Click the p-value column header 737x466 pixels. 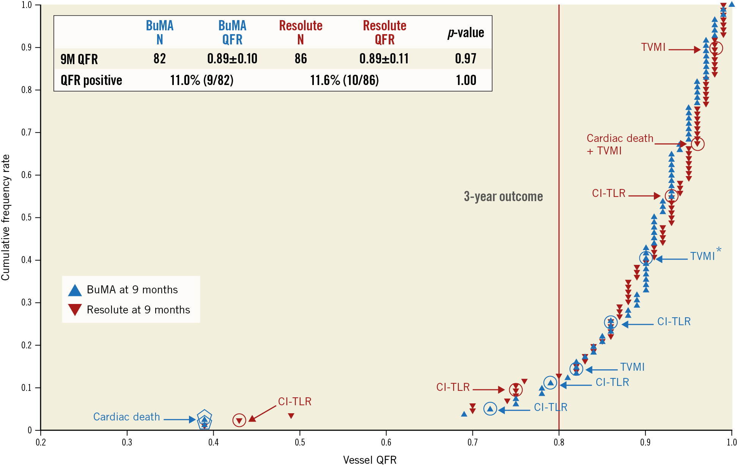(466, 33)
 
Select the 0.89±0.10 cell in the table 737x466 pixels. (232, 58)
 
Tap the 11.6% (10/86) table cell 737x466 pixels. (344, 80)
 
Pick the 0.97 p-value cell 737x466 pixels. (466, 58)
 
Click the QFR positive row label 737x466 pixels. (91, 80)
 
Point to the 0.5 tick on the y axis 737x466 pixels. (26, 217)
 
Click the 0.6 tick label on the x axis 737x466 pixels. (386, 442)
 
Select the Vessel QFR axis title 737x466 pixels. (370, 460)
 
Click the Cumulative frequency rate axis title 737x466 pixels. (6, 217)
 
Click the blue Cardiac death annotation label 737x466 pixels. (126, 417)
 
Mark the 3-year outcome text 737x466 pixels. (503, 197)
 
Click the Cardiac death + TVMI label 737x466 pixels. (619, 144)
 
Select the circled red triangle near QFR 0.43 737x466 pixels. (239, 420)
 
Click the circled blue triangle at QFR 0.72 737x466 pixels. (490, 409)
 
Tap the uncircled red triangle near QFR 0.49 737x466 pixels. (291, 416)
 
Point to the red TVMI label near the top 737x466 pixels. (653, 47)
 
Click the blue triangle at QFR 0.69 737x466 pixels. (464, 414)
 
